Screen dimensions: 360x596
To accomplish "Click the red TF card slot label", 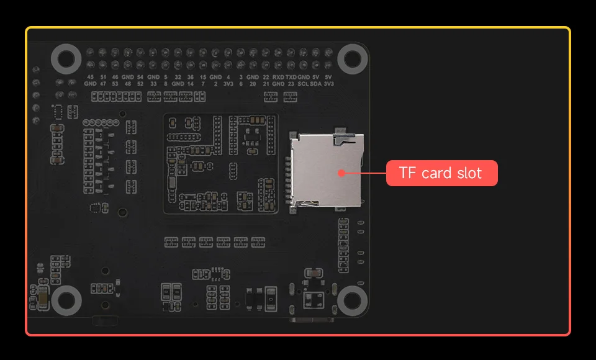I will [x=441, y=173].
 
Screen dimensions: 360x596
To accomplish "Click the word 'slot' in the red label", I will [x=469, y=173].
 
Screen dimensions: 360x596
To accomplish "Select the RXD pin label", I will [x=278, y=77].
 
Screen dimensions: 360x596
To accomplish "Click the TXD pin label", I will [x=291, y=77].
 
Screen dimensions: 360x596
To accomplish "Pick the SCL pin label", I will [x=303, y=83].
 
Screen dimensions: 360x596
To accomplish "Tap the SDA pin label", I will [x=315, y=83].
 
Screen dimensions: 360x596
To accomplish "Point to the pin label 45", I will [x=90, y=77].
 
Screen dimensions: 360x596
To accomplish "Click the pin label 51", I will [x=102, y=77].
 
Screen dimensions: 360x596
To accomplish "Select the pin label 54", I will [x=140, y=77].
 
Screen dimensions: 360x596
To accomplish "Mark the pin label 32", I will [x=178, y=77].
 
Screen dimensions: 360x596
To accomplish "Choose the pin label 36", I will [x=190, y=77].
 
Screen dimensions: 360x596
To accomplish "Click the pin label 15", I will [x=203, y=77].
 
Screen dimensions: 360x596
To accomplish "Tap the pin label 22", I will [x=266, y=77].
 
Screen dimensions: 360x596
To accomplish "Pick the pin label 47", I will [x=102, y=83].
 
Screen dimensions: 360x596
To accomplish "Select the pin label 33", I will [x=153, y=83].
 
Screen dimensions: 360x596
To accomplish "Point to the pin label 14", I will [x=190, y=83].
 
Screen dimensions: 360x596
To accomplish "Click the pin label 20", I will [x=253, y=83].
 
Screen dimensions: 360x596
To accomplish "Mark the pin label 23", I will [x=291, y=83].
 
